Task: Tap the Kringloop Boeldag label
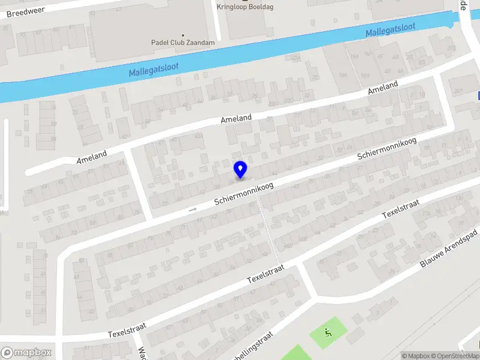point(245,7)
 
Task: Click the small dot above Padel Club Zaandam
point(183,35)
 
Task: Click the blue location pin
point(241,169)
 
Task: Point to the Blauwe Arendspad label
point(448,248)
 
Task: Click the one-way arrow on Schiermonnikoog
point(193,209)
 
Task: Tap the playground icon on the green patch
point(328,332)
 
